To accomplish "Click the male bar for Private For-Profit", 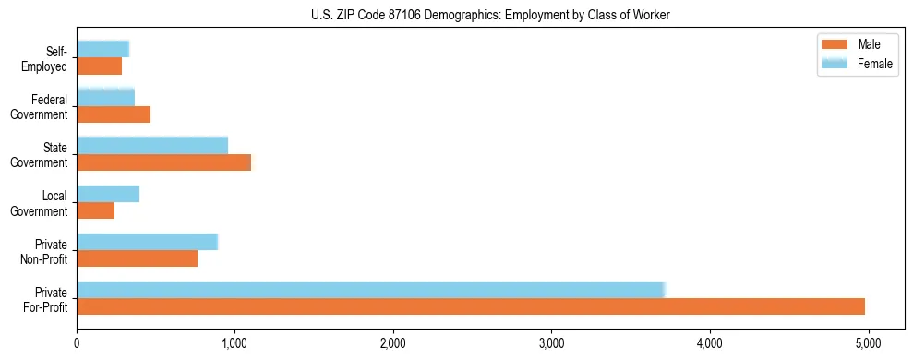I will click(x=471, y=306).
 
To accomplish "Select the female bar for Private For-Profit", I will click(x=370, y=290).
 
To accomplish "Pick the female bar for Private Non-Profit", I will click(x=147, y=242).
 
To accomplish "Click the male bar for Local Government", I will click(x=96, y=210).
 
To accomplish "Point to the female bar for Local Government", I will click(x=108, y=194).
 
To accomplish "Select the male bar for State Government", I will click(x=164, y=162).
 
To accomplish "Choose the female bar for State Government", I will click(x=152, y=146).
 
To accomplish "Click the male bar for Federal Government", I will click(x=114, y=114).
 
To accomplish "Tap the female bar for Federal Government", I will click(x=105, y=97).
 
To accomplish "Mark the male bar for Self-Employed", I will click(x=100, y=66).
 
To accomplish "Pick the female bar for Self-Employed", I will click(x=102, y=49).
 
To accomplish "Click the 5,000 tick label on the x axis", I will click(x=868, y=343).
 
